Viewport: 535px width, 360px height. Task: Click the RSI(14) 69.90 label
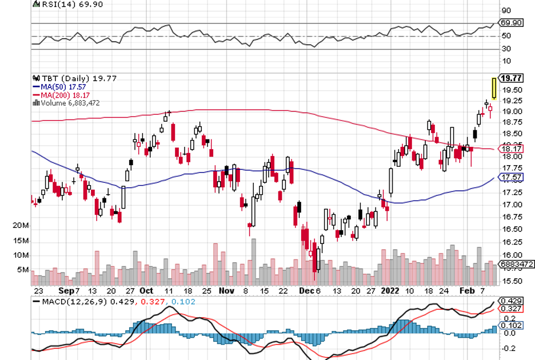tap(65, 4)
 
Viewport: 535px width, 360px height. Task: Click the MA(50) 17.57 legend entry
tap(62, 86)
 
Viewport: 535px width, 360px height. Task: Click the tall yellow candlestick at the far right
tap(494, 87)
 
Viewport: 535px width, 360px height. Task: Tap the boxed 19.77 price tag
tap(510, 78)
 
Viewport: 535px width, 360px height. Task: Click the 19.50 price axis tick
tap(511, 90)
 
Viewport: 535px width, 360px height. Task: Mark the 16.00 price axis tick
tap(511, 255)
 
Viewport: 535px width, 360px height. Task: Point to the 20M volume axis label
tap(21, 226)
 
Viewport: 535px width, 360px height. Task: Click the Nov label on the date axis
tap(227, 290)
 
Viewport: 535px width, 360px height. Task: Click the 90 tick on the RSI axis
tap(506, 10)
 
